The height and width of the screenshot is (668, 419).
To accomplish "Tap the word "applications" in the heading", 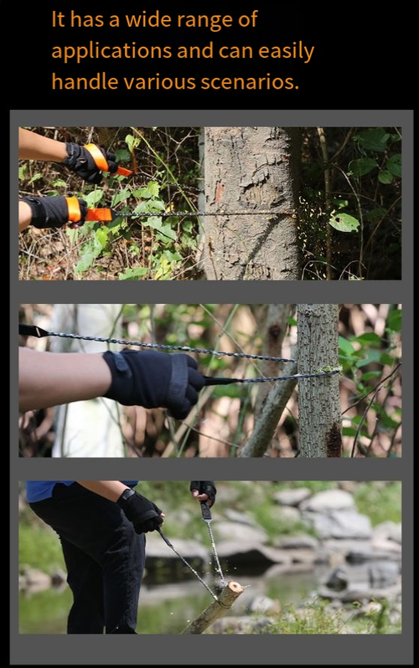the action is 111,52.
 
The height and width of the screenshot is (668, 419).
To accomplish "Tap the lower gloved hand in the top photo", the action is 54,211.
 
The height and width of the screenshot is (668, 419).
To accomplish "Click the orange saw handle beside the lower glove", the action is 100,214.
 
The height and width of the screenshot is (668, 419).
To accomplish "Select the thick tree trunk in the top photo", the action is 251,203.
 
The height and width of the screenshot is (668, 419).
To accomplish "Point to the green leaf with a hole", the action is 344,222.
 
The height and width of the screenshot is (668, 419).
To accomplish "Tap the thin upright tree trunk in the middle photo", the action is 318,380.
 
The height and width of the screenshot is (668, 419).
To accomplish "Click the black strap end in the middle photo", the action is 34,331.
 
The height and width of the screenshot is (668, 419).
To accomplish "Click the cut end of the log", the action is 235,588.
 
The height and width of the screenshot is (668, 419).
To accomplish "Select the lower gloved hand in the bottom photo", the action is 139,511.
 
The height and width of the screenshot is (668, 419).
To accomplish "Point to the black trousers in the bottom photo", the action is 91,563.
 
